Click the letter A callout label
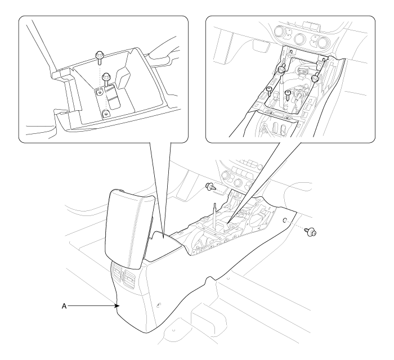(x=64, y=306)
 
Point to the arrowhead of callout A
(x=117, y=306)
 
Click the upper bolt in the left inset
(x=99, y=57)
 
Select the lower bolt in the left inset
(x=106, y=78)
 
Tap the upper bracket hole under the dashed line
(x=100, y=92)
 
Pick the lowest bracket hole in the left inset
(x=106, y=114)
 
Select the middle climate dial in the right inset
(x=300, y=38)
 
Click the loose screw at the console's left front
(x=211, y=187)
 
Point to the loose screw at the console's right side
(x=310, y=231)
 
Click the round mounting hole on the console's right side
(x=284, y=220)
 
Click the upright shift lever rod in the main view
(x=215, y=212)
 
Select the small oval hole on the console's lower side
(x=158, y=305)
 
